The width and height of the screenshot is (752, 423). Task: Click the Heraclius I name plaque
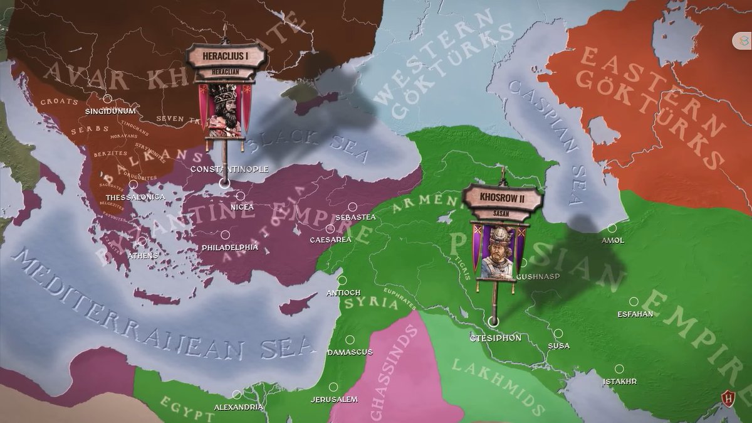click(226, 56)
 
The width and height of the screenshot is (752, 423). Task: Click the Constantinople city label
click(229, 169)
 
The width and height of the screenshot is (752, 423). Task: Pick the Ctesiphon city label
click(496, 338)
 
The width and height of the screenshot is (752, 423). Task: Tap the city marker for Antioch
click(342, 281)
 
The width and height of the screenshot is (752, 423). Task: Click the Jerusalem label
click(335, 399)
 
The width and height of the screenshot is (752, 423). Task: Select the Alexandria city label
click(239, 407)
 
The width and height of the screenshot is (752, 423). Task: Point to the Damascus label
click(350, 352)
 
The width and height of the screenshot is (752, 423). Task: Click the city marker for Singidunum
click(108, 99)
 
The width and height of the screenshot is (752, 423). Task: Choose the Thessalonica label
click(135, 197)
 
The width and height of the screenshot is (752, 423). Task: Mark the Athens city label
click(143, 255)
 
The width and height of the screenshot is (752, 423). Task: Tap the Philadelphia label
click(230, 247)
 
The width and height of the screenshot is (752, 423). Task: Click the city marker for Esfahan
click(634, 301)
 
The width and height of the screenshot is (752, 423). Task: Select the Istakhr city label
click(620, 381)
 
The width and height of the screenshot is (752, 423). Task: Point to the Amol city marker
click(612, 228)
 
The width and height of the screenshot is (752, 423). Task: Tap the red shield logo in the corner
click(728, 398)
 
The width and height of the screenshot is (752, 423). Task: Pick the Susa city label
click(558, 346)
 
